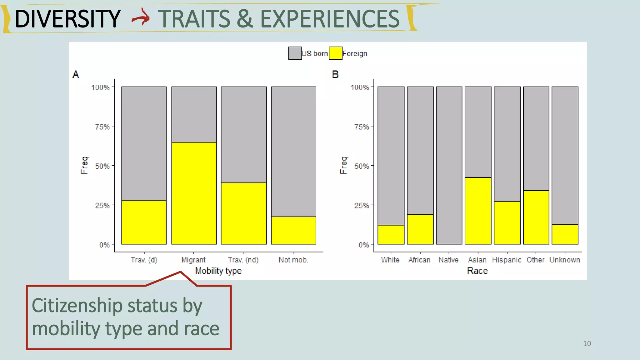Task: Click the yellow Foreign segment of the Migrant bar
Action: coord(194,193)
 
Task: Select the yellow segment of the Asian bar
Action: coord(478,211)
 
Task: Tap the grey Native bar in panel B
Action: coord(449,165)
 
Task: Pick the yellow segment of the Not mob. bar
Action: coord(293,230)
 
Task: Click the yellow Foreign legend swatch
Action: coord(335,53)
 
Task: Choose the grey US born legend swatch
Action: coord(295,53)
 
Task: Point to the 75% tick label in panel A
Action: coord(102,127)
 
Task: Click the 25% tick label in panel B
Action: coord(362,206)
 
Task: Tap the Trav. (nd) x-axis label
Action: coord(243,260)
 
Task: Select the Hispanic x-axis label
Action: coord(507,260)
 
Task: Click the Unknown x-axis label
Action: coord(564,260)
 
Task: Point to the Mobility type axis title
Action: coord(218,271)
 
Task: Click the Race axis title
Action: coord(477,271)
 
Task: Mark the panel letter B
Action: coord(335,74)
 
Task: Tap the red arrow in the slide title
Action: coord(141,18)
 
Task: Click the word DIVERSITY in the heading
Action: coord(67,19)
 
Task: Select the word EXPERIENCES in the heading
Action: coord(330,19)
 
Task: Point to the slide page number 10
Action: coord(587,344)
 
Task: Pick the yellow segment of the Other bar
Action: coord(536,217)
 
